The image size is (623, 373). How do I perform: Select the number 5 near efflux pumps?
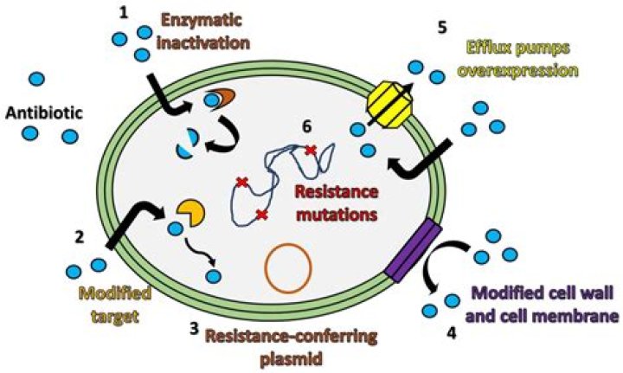pyautogui.click(x=443, y=28)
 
